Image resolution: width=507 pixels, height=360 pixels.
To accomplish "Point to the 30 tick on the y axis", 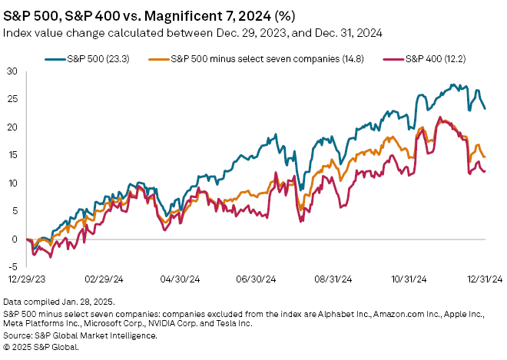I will click(x=12, y=71).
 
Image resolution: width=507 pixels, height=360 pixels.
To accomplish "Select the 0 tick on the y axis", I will click(x=15, y=239).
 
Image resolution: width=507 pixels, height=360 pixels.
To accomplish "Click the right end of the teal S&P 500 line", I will click(x=485, y=109).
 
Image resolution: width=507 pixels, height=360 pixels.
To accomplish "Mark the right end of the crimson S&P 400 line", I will click(x=485, y=171).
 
